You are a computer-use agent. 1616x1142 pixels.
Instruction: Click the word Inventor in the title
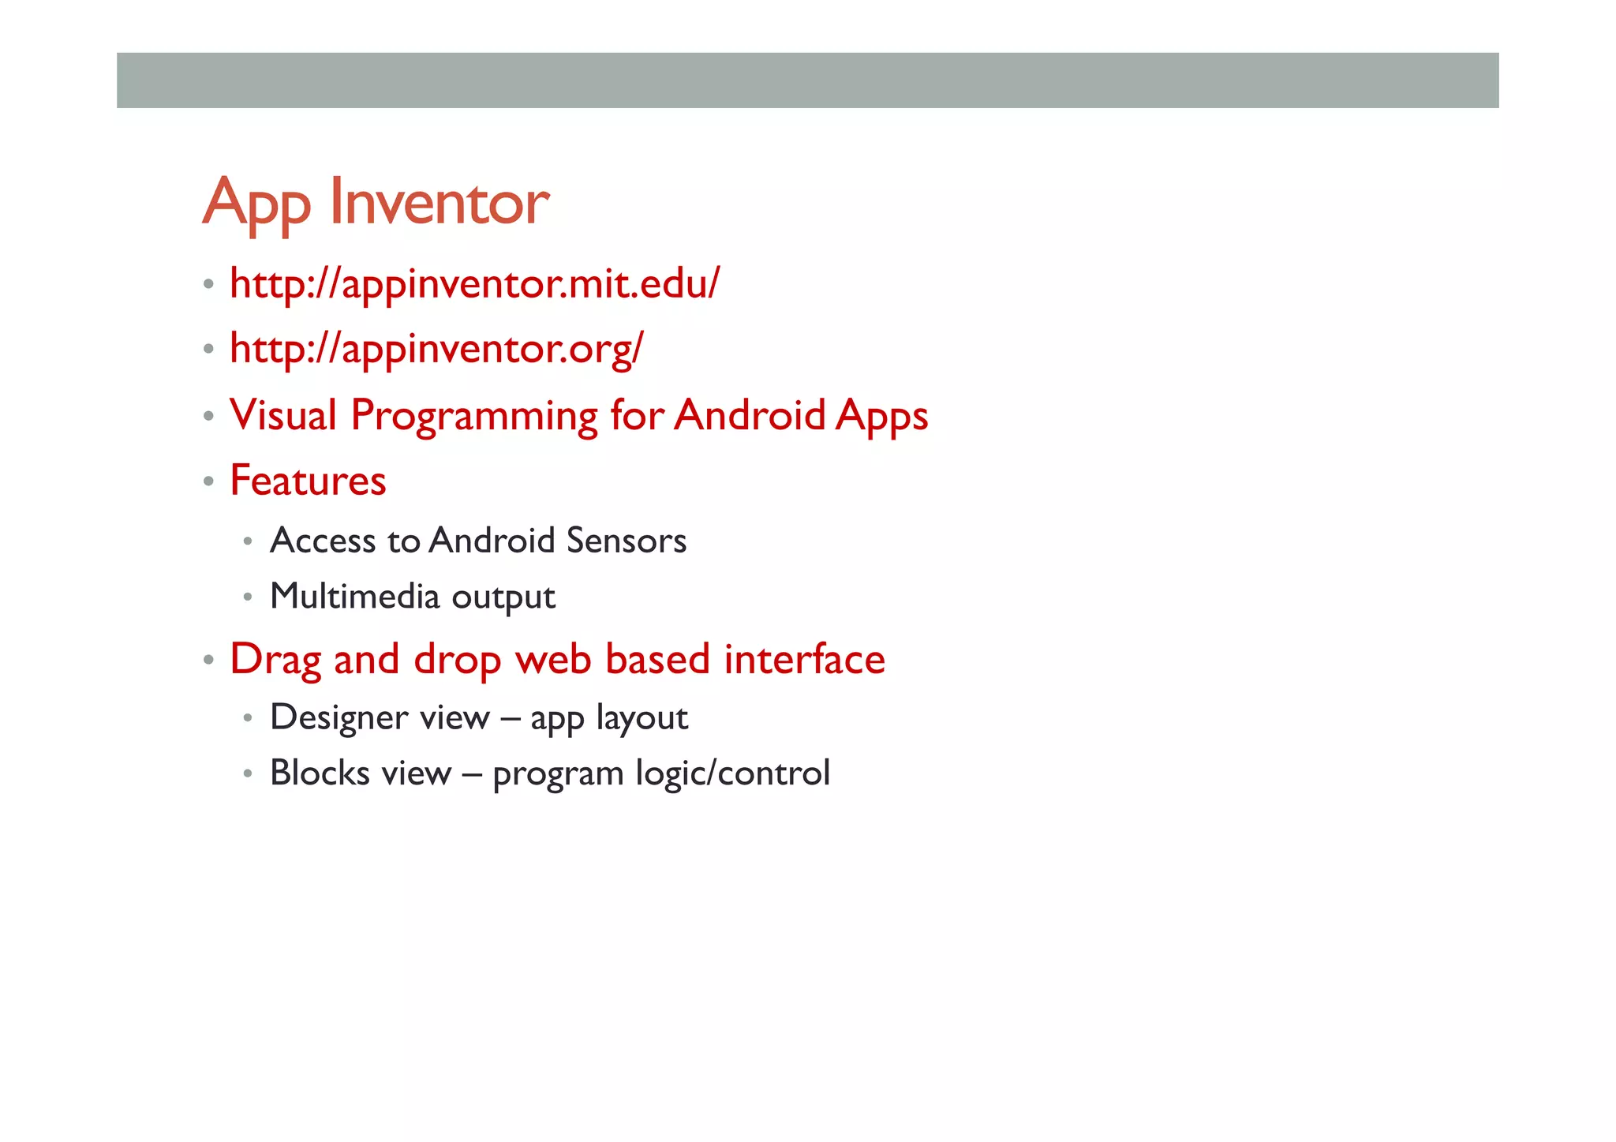point(439,202)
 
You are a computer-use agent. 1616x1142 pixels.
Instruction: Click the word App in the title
point(256,204)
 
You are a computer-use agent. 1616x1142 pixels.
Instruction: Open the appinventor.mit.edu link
point(474,283)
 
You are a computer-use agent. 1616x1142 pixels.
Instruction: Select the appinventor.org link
point(436,348)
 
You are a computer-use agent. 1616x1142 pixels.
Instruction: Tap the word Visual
point(283,415)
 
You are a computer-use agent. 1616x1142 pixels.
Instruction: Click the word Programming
point(474,417)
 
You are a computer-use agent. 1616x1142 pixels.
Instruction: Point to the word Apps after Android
point(881,417)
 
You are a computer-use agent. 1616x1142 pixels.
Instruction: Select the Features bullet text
point(308,481)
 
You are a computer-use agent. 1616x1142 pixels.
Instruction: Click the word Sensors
point(627,541)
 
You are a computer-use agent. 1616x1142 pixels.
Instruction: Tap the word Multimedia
point(354,596)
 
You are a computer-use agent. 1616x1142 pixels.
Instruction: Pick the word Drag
point(275,660)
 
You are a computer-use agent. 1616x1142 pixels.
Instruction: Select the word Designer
point(339,718)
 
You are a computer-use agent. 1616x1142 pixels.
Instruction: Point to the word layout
point(642,718)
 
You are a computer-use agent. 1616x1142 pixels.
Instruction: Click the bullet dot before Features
point(208,481)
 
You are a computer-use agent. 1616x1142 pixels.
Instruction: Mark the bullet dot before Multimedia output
point(248,597)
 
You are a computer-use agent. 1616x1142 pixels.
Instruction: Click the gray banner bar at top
point(807,80)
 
